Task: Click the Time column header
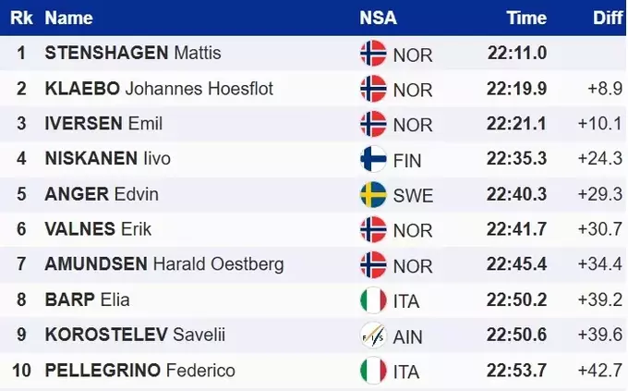(526, 18)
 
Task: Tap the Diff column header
(607, 18)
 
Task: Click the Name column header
(69, 18)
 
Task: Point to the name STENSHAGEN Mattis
(133, 53)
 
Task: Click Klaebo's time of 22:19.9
(517, 89)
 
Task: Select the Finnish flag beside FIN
(373, 159)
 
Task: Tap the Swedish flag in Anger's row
(373, 194)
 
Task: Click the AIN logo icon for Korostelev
(373, 336)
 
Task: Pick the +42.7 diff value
(604, 371)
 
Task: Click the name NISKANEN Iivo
(108, 159)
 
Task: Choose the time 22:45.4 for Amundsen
(517, 265)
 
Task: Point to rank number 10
(21, 371)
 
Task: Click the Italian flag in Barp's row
(373, 300)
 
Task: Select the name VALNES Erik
(98, 229)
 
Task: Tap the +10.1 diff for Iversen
(604, 124)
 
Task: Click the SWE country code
(413, 195)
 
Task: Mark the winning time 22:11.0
(517, 53)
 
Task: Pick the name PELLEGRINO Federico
(140, 371)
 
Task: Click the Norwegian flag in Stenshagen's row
(373, 53)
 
